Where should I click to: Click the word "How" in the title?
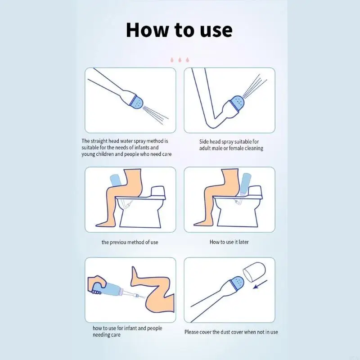[x=147, y=30]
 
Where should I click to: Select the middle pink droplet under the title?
[x=180, y=60]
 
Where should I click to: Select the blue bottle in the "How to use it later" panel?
[x=245, y=184]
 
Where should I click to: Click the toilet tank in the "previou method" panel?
[x=158, y=193]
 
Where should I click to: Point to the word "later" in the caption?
[x=243, y=242]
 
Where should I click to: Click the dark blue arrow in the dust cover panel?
[x=260, y=284]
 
